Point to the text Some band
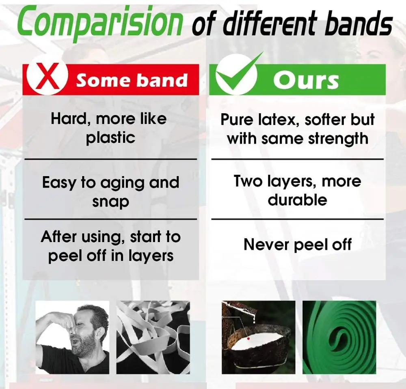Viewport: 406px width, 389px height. click(x=132, y=80)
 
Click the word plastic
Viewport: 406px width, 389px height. click(x=110, y=138)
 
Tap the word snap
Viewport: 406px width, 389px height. click(x=110, y=202)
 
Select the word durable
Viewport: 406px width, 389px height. click(x=297, y=200)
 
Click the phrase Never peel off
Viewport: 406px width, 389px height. click(x=298, y=245)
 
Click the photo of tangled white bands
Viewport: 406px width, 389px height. click(x=153, y=337)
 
